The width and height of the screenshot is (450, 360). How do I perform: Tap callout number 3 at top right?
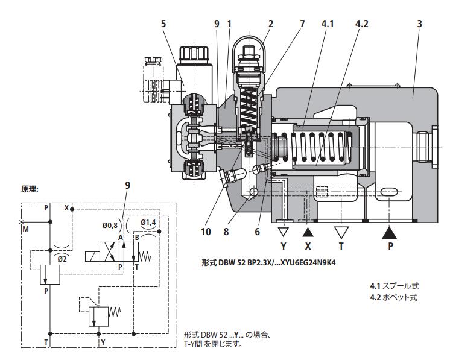[x=419, y=23]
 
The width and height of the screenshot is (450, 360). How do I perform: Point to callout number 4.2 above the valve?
[x=363, y=23]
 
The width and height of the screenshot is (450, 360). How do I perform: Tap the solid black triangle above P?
[x=390, y=232]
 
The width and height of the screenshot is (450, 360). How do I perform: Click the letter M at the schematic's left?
[x=25, y=229]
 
